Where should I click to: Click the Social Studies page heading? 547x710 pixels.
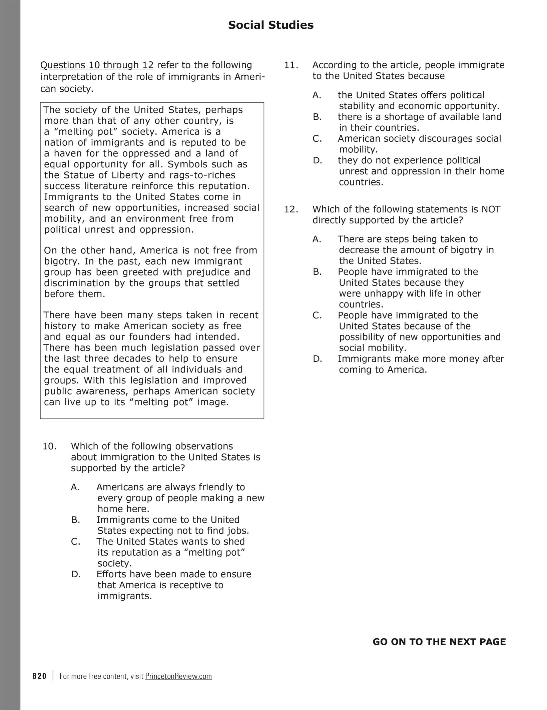click(x=270, y=25)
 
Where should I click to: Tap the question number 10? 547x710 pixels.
click(x=49, y=446)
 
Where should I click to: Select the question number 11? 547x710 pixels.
click(x=291, y=65)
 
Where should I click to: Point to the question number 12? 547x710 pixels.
click(x=291, y=209)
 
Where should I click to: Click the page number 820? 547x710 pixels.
click(x=40, y=676)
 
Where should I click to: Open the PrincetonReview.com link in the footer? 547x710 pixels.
click(x=178, y=676)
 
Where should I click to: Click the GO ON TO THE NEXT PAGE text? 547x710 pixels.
click(x=439, y=642)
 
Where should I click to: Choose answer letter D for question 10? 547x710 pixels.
click(x=76, y=574)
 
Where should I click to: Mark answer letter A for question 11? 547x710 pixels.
click(x=317, y=95)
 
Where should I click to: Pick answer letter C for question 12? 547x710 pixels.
click(x=317, y=315)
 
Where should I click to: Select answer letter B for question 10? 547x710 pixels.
click(x=76, y=520)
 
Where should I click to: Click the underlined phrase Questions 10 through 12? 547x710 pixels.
click(x=97, y=65)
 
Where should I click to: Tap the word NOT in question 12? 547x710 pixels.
click(x=491, y=209)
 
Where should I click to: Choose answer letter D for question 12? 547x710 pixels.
click(x=317, y=359)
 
